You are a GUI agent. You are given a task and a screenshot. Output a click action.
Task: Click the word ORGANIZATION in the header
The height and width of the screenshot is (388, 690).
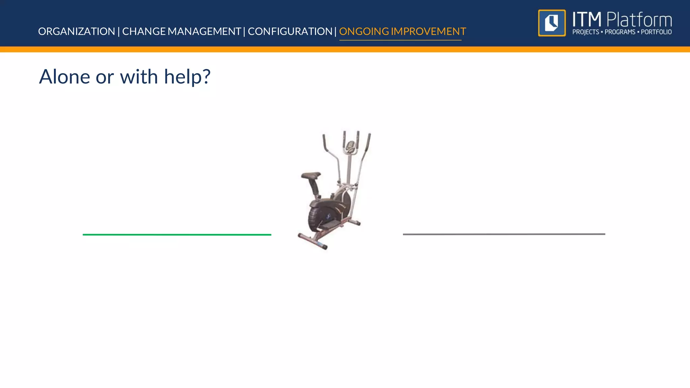pyautogui.click(x=76, y=31)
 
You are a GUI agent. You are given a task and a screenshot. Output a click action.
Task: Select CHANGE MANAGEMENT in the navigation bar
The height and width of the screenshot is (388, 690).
pyautogui.click(x=181, y=31)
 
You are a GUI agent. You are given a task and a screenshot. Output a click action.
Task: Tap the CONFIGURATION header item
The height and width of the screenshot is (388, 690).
pyautogui.click(x=290, y=31)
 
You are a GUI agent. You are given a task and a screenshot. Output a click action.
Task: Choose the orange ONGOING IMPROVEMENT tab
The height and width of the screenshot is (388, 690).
pyautogui.click(x=402, y=31)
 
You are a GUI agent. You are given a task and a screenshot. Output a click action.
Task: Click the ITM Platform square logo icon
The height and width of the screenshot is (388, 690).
pyautogui.click(x=552, y=23)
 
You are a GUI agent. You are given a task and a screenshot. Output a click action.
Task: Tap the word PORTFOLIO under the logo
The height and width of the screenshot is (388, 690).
pyautogui.click(x=656, y=32)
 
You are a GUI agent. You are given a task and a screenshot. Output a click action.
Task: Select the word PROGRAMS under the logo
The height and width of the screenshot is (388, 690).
pyautogui.click(x=620, y=32)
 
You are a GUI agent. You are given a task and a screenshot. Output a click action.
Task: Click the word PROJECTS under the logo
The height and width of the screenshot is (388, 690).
pyautogui.click(x=586, y=32)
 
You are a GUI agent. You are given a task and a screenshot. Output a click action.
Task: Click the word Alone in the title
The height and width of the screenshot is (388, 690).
pyautogui.click(x=64, y=77)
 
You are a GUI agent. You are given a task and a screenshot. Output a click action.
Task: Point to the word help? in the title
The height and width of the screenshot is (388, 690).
pyautogui.click(x=187, y=77)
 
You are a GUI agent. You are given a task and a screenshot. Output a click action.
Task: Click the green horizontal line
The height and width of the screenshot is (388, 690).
pyautogui.click(x=177, y=235)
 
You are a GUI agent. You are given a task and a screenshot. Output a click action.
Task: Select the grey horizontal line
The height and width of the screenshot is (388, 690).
pyautogui.click(x=504, y=234)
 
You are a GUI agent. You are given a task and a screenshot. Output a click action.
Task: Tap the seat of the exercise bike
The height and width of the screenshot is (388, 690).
pyautogui.click(x=311, y=175)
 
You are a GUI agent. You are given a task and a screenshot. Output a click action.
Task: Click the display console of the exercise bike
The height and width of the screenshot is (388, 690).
pyautogui.click(x=350, y=146)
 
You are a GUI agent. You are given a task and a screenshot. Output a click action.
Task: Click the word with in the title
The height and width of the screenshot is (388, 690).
pyautogui.click(x=139, y=77)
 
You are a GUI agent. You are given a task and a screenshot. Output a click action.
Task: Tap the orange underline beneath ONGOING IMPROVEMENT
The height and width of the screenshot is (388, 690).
pyautogui.click(x=400, y=40)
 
